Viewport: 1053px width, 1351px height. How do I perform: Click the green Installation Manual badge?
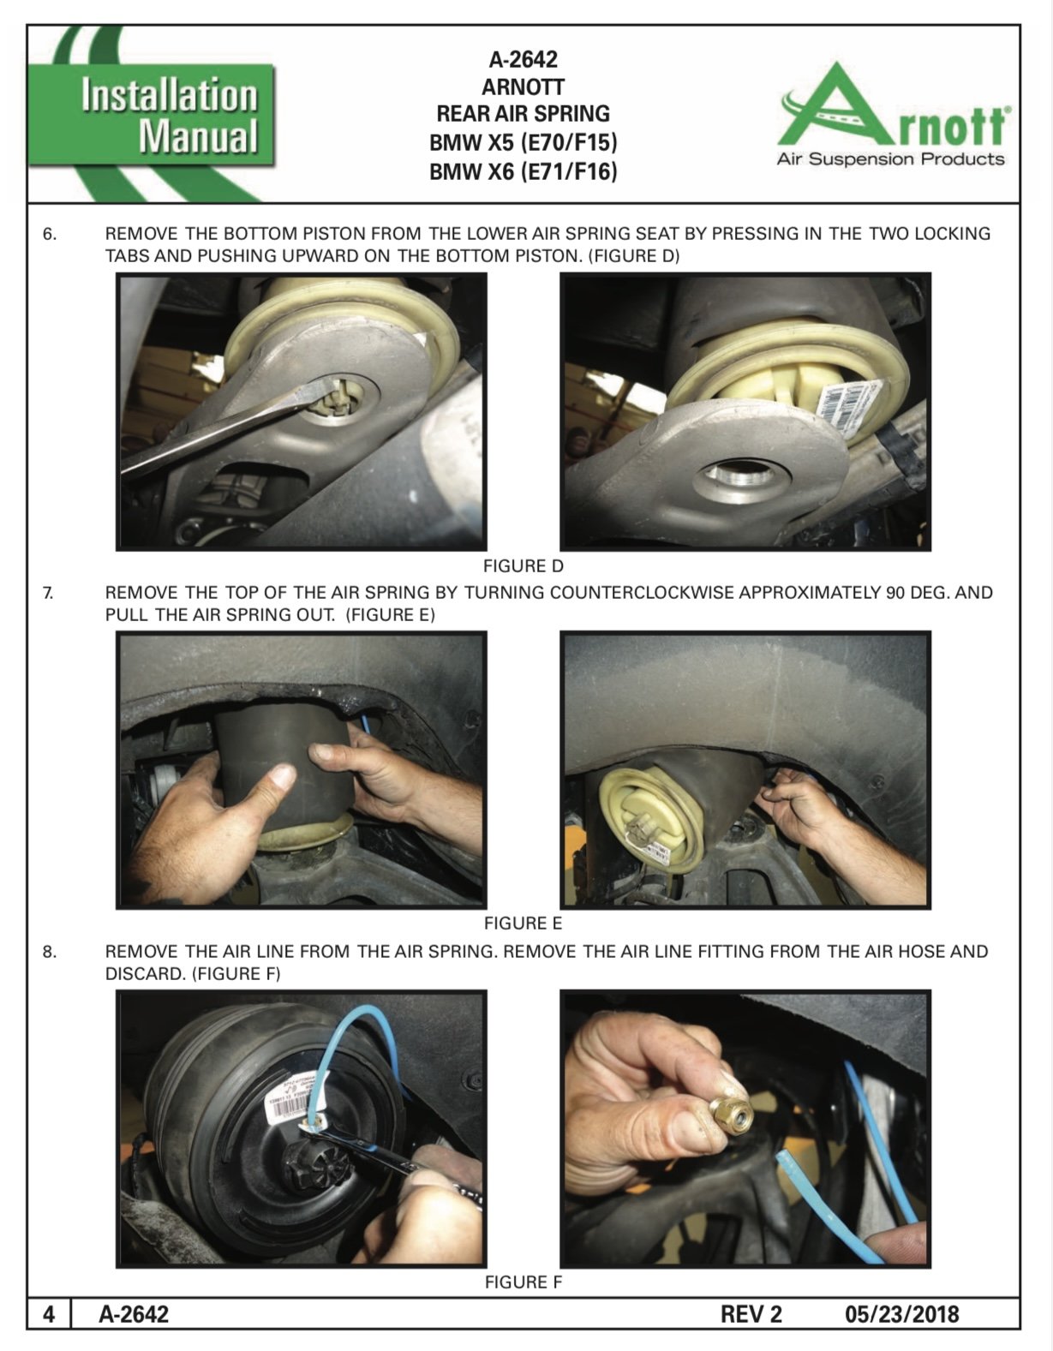point(151,116)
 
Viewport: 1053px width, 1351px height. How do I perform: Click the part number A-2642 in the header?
point(524,60)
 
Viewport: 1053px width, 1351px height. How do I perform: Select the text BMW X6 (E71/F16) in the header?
point(524,171)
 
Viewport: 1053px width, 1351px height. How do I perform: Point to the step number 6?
point(49,235)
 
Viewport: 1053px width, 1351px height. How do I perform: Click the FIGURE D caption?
point(524,566)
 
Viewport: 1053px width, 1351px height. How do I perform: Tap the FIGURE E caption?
point(524,924)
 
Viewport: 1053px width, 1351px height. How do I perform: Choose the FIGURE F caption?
point(524,1282)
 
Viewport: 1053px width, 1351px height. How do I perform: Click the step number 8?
point(49,952)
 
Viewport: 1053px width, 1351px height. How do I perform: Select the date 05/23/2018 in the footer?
point(902,1314)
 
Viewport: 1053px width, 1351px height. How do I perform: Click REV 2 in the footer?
point(751,1314)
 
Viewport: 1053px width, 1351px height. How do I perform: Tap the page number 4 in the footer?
point(49,1314)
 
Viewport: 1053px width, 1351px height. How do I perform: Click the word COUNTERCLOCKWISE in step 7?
point(642,593)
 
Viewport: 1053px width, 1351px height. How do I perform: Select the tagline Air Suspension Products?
point(890,160)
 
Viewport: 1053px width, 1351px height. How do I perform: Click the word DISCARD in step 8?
point(146,974)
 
